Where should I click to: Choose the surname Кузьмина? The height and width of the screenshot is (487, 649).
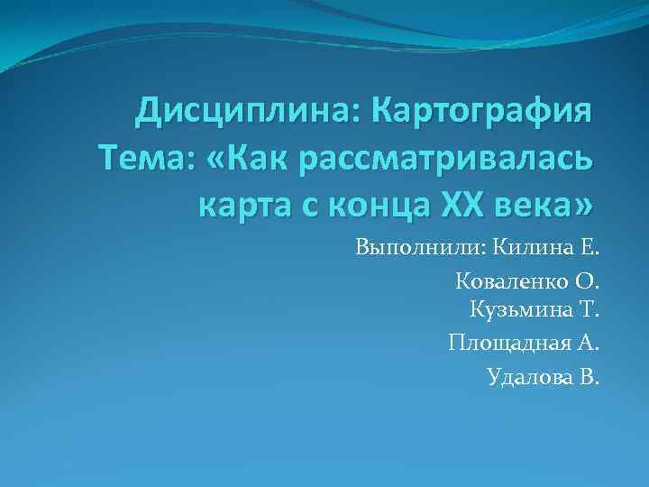tap(518, 312)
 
